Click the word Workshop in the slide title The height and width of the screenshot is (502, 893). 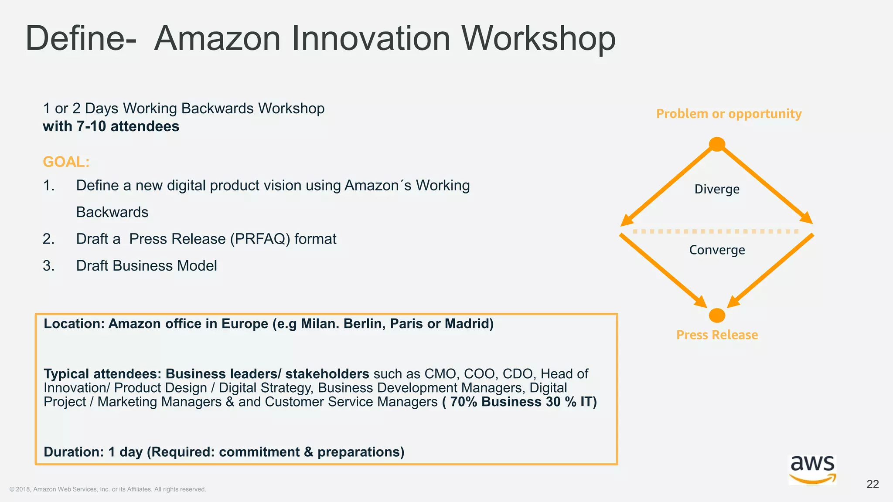(x=539, y=38)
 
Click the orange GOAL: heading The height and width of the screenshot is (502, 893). (x=66, y=162)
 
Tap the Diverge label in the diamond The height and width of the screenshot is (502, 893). (x=717, y=189)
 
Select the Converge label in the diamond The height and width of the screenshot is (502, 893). (x=717, y=250)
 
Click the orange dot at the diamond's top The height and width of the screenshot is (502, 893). (x=717, y=144)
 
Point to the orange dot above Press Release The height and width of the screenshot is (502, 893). (x=717, y=315)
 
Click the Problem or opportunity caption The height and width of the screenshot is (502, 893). (x=729, y=114)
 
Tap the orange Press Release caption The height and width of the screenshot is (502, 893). (x=717, y=335)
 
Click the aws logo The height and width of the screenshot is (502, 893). (x=813, y=469)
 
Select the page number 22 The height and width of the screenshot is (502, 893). (x=873, y=484)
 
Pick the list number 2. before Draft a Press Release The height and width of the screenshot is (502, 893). (x=48, y=239)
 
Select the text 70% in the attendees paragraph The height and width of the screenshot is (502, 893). (x=464, y=401)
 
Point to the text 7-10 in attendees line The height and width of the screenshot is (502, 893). (x=91, y=126)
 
